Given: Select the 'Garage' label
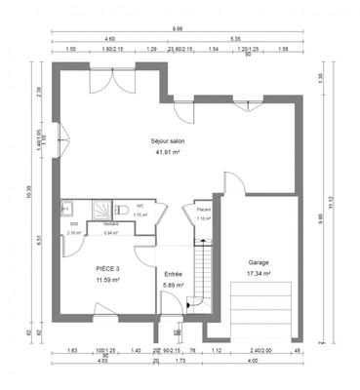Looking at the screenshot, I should tap(258, 262).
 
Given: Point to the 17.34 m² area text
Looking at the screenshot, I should tap(258, 274).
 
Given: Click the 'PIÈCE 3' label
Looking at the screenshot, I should tap(107, 268).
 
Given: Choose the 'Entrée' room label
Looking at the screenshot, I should tap(173, 274).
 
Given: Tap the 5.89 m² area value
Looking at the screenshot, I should tap(173, 286).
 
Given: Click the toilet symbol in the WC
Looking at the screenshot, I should tap(121, 208).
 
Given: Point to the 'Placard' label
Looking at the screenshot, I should tap(202, 209).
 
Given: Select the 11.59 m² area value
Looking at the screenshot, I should tap(107, 280).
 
